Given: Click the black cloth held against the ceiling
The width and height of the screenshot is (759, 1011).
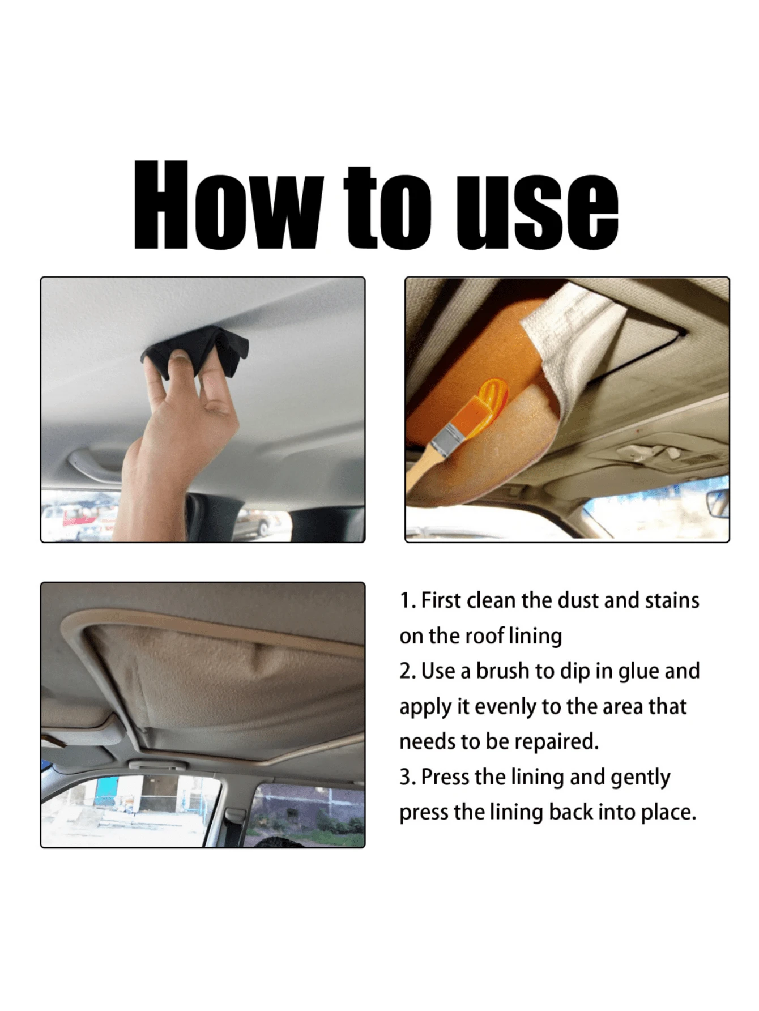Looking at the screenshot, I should (x=195, y=350).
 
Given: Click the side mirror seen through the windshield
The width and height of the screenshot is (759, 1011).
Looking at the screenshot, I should (x=717, y=504).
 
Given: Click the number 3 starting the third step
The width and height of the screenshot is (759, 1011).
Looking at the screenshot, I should (x=406, y=777).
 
